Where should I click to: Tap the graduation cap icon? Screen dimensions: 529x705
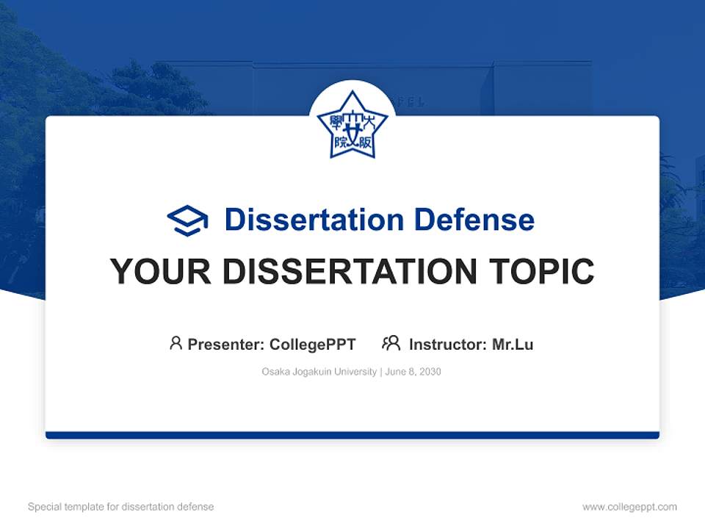click(187, 220)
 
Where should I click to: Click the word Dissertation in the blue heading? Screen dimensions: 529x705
click(314, 220)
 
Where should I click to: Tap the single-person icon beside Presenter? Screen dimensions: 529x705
click(176, 343)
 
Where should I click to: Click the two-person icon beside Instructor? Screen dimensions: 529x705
click(391, 343)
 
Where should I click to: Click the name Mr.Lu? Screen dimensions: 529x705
click(513, 344)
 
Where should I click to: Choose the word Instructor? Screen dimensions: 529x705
click(448, 344)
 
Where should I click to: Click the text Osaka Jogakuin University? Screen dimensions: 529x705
click(319, 372)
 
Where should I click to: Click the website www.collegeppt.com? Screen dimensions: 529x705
click(629, 507)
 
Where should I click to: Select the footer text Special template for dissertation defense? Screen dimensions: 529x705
click(121, 507)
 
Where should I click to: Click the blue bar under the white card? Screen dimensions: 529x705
click(352, 435)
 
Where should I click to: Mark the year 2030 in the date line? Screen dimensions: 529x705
click(430, 372)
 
